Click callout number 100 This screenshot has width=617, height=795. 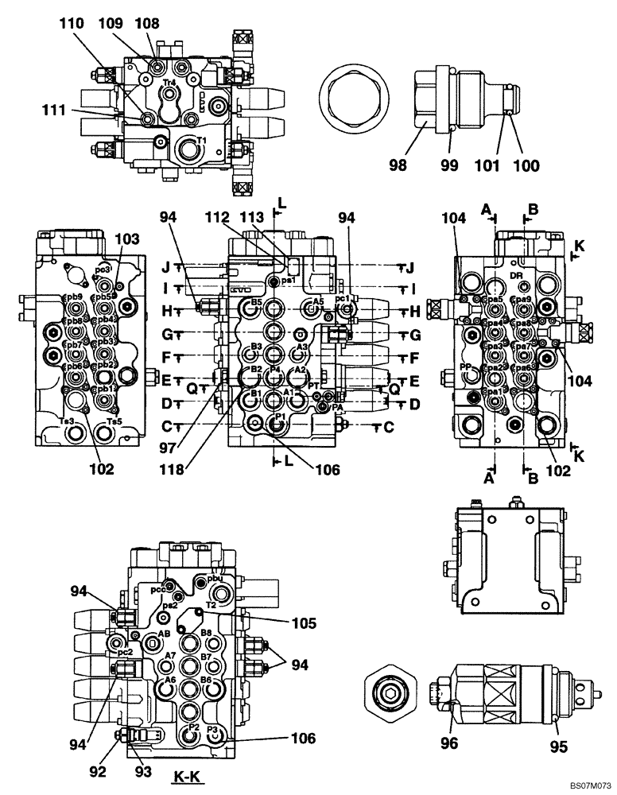pyautogui.click(x=526, y=165)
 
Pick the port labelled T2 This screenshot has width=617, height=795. pyautogui.click(x=211, y=604)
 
